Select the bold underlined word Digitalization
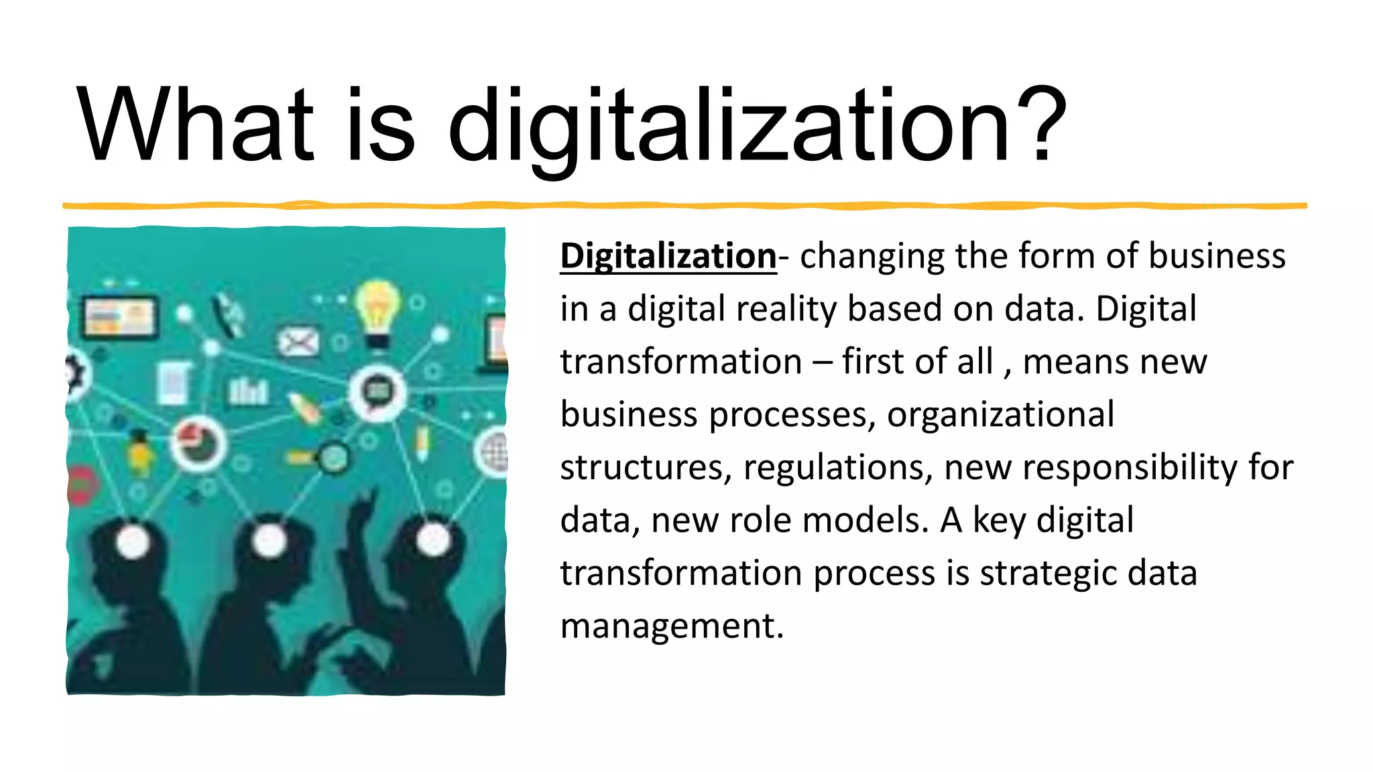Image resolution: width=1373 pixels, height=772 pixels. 668,257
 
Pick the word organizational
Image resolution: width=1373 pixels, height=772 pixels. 1000,415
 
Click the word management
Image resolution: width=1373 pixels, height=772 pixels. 671,626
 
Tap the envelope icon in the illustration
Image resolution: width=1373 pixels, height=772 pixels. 298,342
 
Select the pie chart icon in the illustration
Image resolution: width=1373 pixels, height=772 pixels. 198,442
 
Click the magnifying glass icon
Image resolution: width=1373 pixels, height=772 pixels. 332,458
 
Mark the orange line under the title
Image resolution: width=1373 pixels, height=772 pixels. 684,206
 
